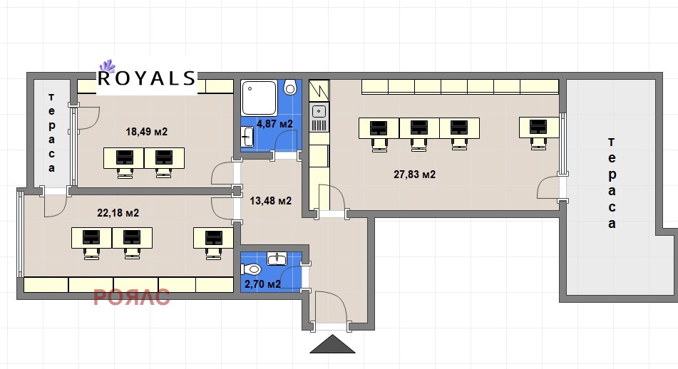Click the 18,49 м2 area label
tap(146, 131)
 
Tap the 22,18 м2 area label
tap(118, 212)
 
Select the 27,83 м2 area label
tap(414, 174)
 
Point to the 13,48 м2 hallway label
tap(271, 200)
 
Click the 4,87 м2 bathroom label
tap(274, 124)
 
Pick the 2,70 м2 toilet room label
tap(262, 284)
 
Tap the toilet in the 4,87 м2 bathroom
tap(290, 88)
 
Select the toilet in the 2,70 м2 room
tap(251, 269)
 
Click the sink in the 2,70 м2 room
tap(277, 259)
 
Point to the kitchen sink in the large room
tap(319, 111)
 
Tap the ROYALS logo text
tap(147, 78)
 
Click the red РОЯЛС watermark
tap(131, 297)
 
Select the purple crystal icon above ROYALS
tap(107, 66)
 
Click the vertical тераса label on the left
tap(51, 132)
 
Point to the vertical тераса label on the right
tap(612, 182)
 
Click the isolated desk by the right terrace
tap(539, 132)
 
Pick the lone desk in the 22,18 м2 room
tap(213, 243)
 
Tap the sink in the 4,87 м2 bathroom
tap(248, 137)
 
